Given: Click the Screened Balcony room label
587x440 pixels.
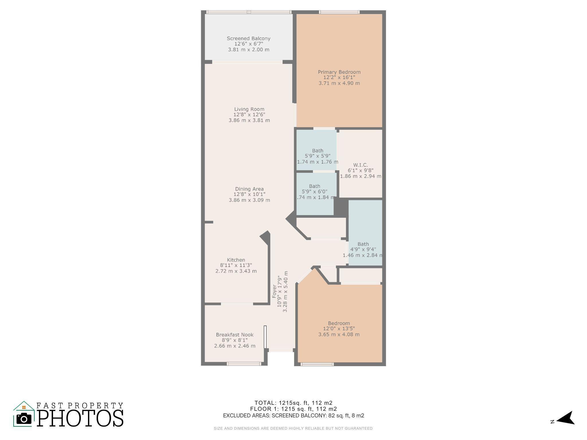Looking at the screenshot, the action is coord(249,38).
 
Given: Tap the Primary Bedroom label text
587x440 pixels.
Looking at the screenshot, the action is coord(339,72).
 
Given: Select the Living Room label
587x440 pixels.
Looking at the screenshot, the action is coord(249,109).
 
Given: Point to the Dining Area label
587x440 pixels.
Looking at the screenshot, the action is coord(249,189).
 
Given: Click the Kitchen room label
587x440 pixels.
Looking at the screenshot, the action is coord(236,260).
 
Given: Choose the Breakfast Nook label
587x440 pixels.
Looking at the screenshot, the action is coord(235,335).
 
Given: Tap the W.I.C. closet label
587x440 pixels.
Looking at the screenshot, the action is coord(360,165).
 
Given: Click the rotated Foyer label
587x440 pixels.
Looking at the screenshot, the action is coord(274,291).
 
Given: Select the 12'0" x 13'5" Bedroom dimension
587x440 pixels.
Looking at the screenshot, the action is coord(339,329).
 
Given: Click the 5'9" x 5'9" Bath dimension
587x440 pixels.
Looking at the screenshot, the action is coord(318,156).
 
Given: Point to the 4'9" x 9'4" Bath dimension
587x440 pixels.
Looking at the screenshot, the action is coord(363,250).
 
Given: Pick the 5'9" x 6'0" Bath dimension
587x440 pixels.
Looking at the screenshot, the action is coord(314,192).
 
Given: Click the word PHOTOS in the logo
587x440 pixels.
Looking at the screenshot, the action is coord(80,418).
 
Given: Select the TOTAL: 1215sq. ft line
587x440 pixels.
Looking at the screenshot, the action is coord(293,403).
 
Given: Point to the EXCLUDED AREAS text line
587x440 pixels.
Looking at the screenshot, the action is coord(293,415).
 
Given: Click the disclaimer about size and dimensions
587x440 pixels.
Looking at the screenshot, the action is coord(293,429).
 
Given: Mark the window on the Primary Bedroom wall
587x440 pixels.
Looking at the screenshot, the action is coord(339,12).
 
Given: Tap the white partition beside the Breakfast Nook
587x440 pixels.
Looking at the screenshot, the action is coord(265,337).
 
